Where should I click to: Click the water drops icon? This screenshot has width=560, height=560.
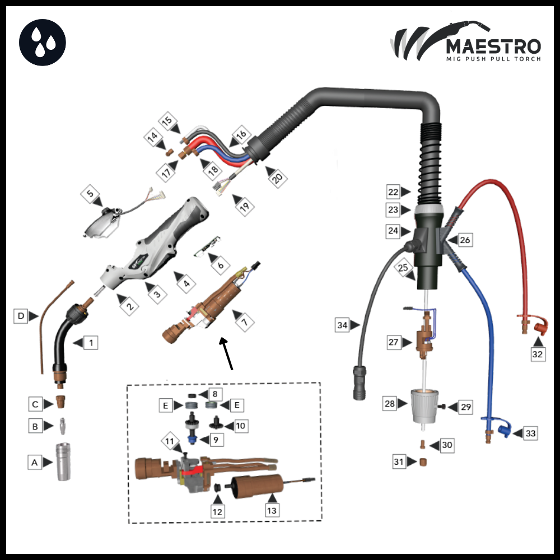click(43, 43)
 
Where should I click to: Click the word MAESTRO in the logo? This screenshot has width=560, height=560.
click(493, 46)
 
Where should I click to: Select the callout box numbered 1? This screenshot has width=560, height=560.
click(91, 343)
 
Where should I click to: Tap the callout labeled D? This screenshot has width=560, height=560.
click(21, 316)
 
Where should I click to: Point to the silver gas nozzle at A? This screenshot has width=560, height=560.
click(63, 461)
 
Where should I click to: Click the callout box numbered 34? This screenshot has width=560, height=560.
click(342, 325)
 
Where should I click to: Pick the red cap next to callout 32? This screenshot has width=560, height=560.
click(541, 325)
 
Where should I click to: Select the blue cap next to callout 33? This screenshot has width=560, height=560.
click(505, 428)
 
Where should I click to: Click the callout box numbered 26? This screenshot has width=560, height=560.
click(465, 240)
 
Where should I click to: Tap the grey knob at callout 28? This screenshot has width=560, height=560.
click(424, 406)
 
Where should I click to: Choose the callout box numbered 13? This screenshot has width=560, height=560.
click(272, 511)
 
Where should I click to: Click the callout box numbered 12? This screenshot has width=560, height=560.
click(217, 512)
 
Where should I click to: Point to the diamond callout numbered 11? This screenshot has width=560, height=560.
click(170, 441)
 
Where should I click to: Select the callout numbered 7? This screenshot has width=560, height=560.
click(245, 322)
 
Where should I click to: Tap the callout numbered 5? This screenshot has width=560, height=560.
click(90, 194)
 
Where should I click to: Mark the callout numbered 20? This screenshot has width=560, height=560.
click(278, 178)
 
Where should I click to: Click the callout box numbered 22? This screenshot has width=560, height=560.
click(393, 192)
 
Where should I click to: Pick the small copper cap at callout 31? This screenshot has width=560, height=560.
click(423, 462)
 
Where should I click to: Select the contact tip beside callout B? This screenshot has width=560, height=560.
click(63, 426)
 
